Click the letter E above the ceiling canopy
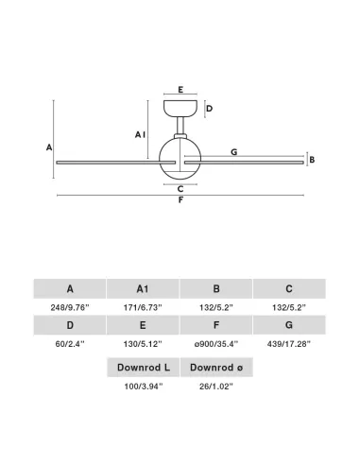(180, 90)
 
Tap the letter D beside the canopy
(209, 109)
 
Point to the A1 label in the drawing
(140, 135)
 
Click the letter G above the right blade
(233, 152)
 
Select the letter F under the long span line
(180, 200)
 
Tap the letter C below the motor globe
(180, 189)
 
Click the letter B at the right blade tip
(312, 160)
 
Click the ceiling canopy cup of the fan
(180, 109)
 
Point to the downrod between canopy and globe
(180, 126)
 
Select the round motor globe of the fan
(180, 159)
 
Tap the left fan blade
(116, 163)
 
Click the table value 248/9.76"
(70, 307)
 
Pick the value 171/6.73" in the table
(143, 307)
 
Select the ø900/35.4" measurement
(216, 344)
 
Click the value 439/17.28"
(289, 344)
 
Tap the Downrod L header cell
(144, 368)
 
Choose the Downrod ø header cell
(216, 368)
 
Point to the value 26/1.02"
(216, 387)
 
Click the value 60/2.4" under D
(70, 344)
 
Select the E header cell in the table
(143, 325)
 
